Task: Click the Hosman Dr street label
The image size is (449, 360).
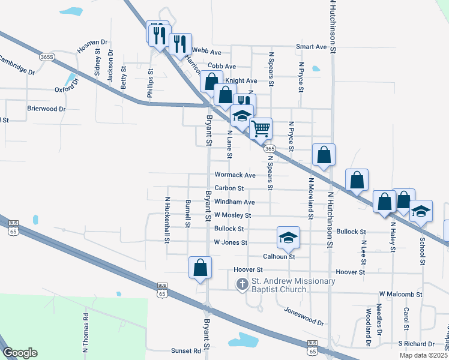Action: [92, 46]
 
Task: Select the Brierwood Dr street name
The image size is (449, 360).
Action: [46, 109]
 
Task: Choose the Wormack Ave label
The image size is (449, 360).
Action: [235, 175]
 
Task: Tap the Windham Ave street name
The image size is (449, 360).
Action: [234, 202]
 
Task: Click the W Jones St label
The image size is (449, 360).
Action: [231, 242]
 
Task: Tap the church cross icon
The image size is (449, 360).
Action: [242, 284]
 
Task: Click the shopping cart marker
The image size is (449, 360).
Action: [261, 127]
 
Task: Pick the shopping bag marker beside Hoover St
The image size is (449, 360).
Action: [200, 268]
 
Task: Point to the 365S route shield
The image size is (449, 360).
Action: [47, 56]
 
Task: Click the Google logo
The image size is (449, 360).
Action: [20, 352]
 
